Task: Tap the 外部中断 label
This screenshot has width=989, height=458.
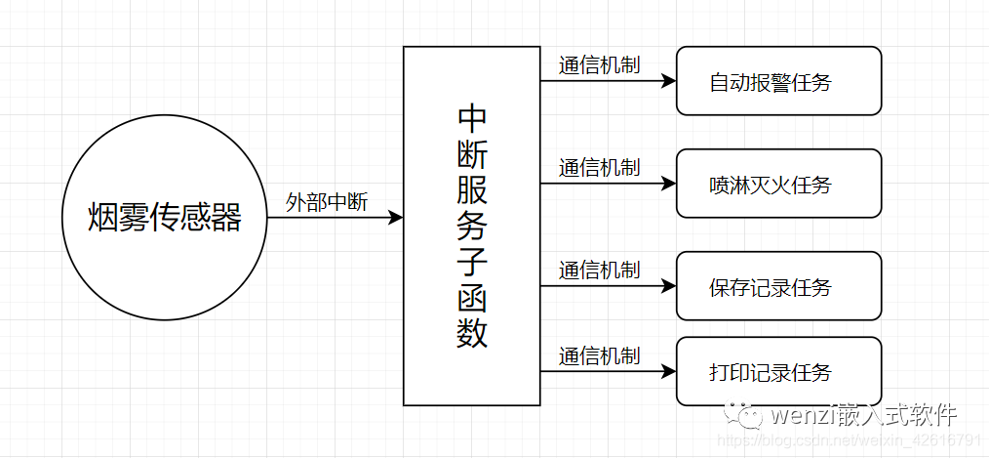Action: pos(327,202)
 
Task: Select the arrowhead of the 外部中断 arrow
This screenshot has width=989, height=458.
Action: pos(395,218)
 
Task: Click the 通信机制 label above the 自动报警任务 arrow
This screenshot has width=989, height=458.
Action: pos(599,65)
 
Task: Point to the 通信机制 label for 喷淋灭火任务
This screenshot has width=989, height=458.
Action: pos(599,167)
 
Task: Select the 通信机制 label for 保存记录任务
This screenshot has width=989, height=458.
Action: pos(599,270)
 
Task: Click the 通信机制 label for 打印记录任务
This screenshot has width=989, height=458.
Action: pos(599,355)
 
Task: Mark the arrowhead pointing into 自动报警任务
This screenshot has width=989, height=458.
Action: pos(668,81)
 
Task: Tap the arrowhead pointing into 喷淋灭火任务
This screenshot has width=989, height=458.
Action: pos(668,184)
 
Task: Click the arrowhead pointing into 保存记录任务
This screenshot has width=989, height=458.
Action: pos(668,286)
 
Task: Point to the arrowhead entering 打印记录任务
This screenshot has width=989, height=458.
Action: pos(668,371)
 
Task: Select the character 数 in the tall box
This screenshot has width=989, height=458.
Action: pos(472,333)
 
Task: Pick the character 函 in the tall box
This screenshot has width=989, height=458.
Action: pos(472,297)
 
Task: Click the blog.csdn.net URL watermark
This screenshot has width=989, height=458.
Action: pos(853,437)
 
